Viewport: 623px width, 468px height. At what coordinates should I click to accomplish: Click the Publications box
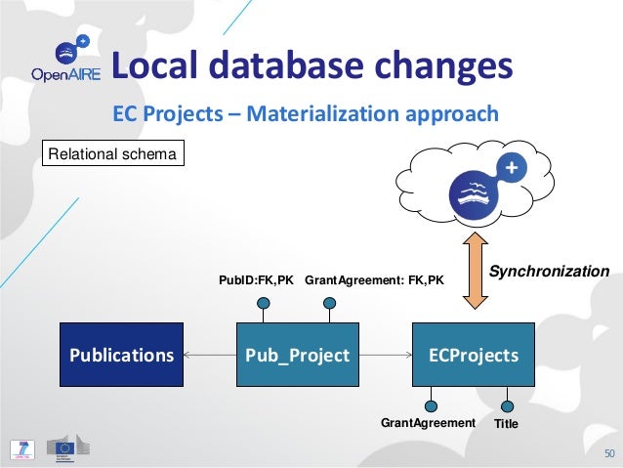121,355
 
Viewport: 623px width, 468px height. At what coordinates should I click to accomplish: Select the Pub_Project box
298,355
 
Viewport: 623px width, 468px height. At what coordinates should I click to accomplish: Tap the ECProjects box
474,355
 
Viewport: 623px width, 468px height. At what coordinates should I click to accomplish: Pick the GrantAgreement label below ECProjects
427,424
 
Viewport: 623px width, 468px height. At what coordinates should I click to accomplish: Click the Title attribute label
506,424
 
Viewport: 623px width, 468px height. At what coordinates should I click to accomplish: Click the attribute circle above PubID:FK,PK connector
264,302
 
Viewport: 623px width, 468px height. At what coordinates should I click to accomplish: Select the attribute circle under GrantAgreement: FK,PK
330,302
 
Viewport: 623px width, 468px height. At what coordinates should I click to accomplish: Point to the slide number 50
609,453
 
